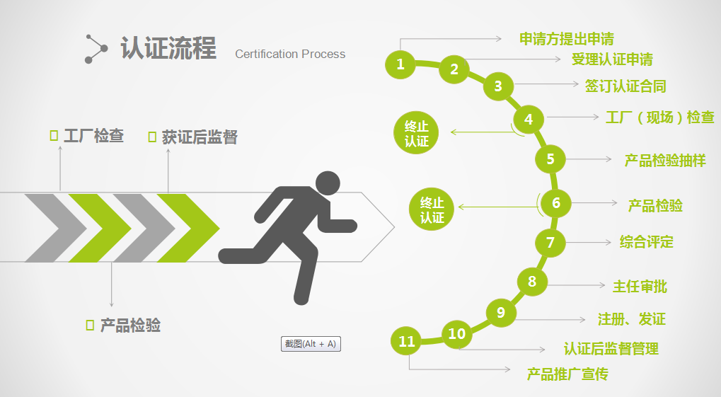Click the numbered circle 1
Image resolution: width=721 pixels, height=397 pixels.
[400, 64]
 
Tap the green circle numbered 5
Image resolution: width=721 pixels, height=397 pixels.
[550, 159]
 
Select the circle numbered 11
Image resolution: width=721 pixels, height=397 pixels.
[406, 341]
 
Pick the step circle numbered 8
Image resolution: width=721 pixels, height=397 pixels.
[532, 281]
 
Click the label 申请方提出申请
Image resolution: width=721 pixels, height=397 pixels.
[567, 39]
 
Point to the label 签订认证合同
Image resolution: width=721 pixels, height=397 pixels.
[625, 86]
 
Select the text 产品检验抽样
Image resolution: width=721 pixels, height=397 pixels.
[665, 160]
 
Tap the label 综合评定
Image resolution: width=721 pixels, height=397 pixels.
[647, 241]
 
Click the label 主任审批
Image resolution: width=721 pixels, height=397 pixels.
[640, 286]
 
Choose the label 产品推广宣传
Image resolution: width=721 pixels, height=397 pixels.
[567, 374]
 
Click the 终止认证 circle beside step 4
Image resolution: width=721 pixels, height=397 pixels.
[416, 132]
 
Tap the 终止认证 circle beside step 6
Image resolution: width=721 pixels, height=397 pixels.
[432, 209]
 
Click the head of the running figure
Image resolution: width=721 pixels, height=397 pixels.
[328, 183]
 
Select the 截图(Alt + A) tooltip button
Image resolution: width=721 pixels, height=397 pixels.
[311, 344]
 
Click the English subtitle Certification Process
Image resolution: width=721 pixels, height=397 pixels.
[290, 54]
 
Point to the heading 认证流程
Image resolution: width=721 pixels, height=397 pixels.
[168, 47]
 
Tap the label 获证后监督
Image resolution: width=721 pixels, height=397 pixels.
[200, 137]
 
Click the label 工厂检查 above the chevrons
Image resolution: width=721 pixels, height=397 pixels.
[94, 135]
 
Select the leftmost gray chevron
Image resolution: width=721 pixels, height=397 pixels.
[56, 228]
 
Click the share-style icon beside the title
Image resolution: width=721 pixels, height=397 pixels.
[96, 49]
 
